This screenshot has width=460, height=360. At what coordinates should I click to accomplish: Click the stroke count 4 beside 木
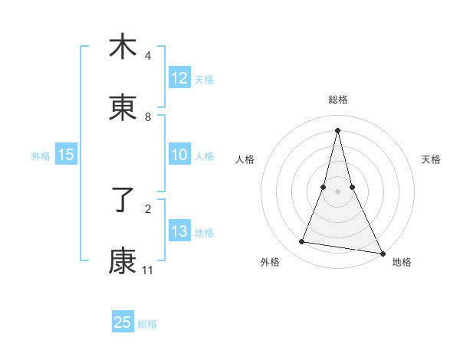coord(148,56)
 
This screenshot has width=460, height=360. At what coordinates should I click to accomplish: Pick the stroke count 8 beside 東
coord(148,117)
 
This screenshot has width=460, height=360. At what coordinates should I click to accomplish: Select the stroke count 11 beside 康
coord(148,270)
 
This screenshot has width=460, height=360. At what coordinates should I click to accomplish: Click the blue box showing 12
coord(179,78)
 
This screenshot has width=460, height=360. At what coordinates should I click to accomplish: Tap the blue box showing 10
coord(179,155)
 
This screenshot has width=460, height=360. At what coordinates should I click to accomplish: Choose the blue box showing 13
coord(179,232)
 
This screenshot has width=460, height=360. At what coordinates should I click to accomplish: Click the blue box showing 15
coord(66,155)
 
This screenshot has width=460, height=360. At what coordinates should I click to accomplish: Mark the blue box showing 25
coord(123,322)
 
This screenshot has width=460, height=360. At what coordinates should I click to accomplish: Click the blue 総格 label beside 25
coord(147,324)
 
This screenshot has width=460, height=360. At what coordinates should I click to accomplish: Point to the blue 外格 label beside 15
coord(41,156)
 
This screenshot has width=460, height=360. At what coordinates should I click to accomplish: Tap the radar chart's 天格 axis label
coord(431,159)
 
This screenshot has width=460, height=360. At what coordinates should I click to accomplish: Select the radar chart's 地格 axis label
coord(402,263)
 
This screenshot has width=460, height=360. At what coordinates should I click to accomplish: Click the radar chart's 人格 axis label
coord(245,159)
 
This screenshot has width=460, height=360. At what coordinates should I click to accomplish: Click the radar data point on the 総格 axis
coord(337,129)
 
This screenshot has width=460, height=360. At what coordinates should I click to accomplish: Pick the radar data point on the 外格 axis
coord(302,242)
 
